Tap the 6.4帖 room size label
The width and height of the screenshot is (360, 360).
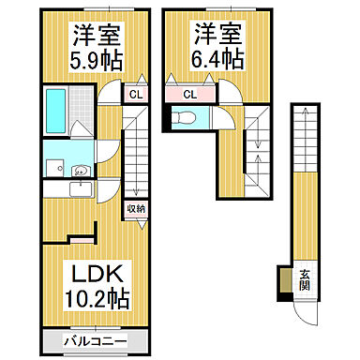click(x=218, y=60)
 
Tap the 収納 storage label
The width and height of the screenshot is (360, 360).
click(x=134, y=209)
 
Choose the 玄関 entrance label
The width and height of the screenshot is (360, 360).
click(x=306, y=279)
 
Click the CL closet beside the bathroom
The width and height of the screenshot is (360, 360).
click(x=135, y=94)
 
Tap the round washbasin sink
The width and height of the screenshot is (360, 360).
click(x=81, y=170)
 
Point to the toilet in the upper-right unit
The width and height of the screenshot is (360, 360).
click(x=185, y=118)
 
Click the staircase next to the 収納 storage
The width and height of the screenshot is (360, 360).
click(x=137, y=150)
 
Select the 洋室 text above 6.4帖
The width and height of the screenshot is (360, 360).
click(x=218, y=35)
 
